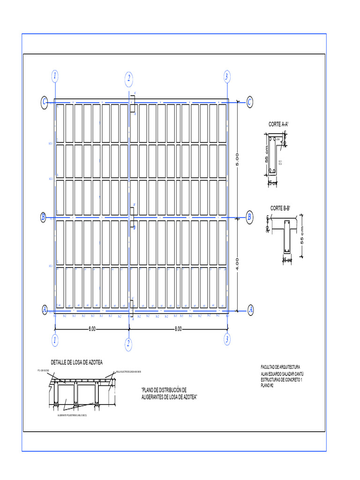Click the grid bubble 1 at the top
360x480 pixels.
point(55,76)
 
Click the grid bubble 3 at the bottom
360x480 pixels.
point(227,339)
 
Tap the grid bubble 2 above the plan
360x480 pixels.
point(128,79)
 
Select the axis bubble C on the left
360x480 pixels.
point(44,102)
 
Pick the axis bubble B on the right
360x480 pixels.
point(249,217)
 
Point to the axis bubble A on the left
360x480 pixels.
point(45,310)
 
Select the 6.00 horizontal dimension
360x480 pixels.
point(92,329)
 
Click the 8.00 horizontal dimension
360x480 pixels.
point(178,329)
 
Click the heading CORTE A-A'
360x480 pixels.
point(278,124)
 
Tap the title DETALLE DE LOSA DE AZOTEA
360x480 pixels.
point(76,362)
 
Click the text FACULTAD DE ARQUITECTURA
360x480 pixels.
point(280,367)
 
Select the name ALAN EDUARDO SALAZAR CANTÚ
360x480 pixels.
point(282,374)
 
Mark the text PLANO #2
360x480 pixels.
point(267,386)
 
